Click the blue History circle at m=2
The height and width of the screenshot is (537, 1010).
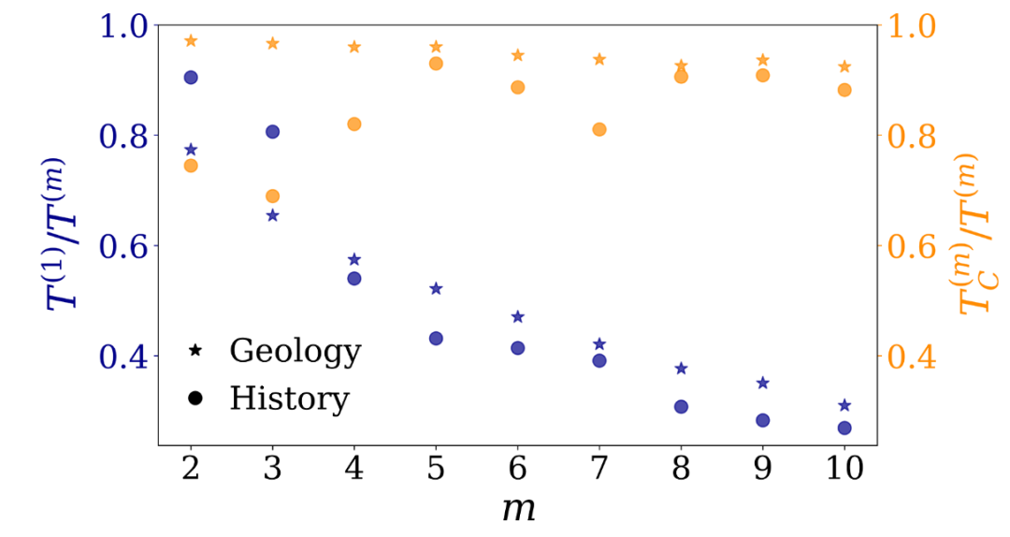click(191, 77)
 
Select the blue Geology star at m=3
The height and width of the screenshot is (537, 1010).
click(273, 215)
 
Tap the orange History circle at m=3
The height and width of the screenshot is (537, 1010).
click(273, 196)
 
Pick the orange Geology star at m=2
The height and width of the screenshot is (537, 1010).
click(191, 41)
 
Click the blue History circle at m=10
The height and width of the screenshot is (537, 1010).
click(844, 428)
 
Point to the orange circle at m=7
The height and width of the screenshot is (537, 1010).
click(599, 129)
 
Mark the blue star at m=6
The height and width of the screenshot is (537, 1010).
click(518, 317)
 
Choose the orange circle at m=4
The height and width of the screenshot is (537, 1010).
click(354, 124)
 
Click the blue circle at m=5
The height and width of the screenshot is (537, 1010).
click(436, 338)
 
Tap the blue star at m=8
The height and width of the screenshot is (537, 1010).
click(681, 369)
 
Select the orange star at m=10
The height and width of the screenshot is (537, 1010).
click(844, 66)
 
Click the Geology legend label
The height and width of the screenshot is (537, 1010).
click(295, 352)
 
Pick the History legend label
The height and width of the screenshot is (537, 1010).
click(289, 399)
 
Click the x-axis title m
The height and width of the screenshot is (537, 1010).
click(517, 510)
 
